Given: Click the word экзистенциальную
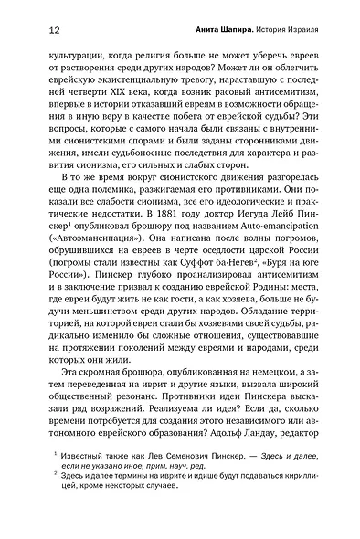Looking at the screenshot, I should [x=142, y=96].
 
